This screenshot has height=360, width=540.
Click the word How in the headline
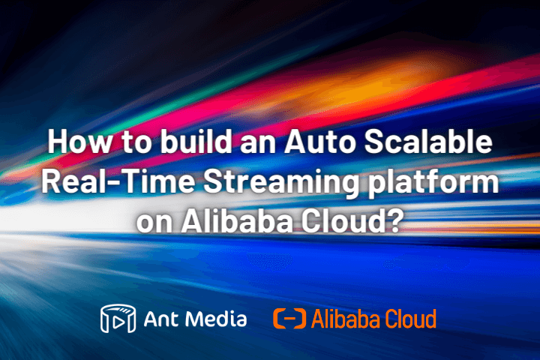point(79,142)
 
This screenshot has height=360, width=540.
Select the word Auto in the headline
point(319,142)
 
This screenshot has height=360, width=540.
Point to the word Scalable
point(428,141)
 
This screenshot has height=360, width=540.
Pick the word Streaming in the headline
point(281,183)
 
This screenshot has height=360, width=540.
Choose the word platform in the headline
point(433,182)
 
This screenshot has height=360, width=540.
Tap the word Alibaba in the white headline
point(237,220)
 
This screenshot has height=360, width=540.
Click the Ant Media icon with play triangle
point(118,319)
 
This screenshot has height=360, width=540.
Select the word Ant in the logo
point(161,319)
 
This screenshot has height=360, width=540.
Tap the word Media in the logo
point(216,318)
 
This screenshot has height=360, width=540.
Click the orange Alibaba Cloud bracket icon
point(289,319)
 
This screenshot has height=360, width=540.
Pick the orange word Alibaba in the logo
point(346,319)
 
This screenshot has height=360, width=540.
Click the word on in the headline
point(154,223)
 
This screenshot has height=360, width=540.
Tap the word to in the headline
point(136,143)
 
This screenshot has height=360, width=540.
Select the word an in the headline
point(257,144)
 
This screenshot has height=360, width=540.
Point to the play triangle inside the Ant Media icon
point(118,322)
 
